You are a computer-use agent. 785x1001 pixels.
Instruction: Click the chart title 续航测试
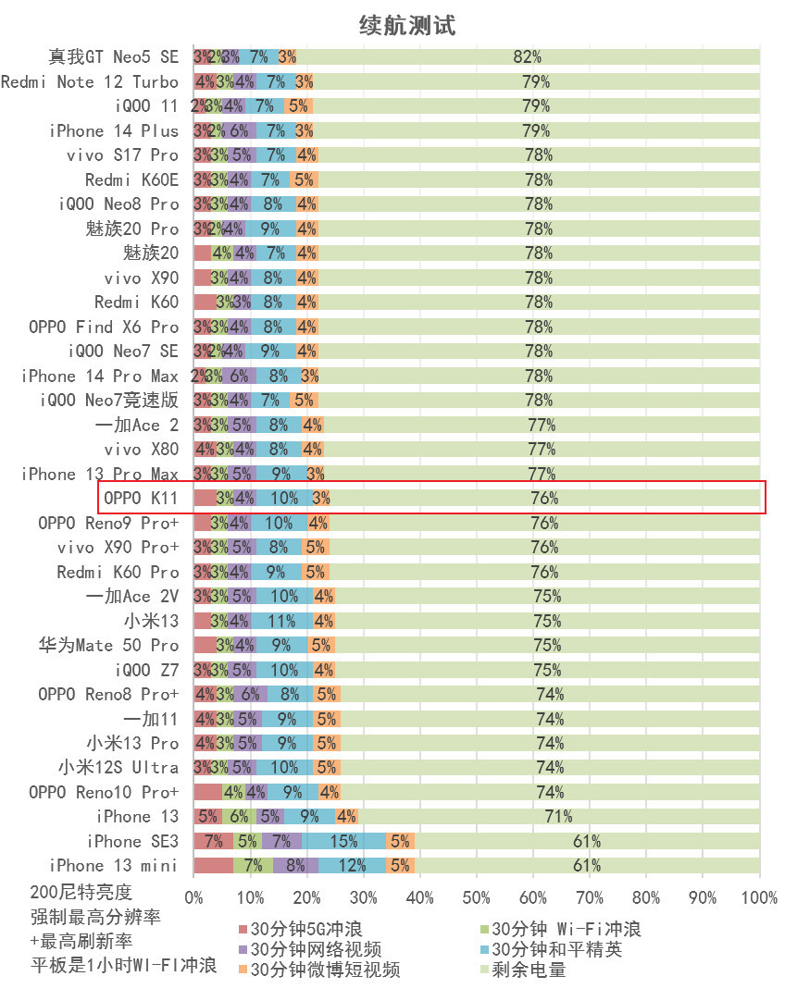coord(407,26)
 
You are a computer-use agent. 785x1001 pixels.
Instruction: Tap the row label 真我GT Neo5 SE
coord(114,57)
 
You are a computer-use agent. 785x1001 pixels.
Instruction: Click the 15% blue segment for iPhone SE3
coord(343,841)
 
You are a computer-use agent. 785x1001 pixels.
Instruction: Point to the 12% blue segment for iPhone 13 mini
coord(353,866)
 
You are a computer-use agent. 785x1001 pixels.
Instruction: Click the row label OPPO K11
coord(141,499)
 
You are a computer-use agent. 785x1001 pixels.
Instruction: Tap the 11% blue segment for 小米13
coord(281,621)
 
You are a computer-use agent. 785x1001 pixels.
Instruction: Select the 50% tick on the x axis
coord(477,897)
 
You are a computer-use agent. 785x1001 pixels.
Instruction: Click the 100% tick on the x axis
coord(759,897)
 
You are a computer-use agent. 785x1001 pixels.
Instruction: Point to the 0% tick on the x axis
coord(194,897)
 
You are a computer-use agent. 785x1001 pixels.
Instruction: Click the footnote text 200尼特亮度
coord(81,893)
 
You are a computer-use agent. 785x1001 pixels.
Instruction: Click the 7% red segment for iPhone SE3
coord(213,841)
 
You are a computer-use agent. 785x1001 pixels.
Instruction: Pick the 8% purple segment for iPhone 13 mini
coord(295,866)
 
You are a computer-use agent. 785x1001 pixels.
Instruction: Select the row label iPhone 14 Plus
coord(114,130)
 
